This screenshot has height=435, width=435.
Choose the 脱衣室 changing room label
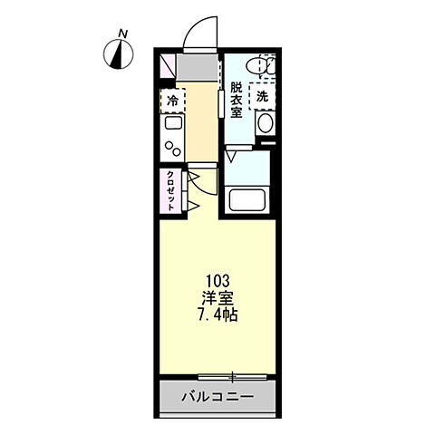[235, 101]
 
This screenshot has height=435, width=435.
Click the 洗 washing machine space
[262, 95]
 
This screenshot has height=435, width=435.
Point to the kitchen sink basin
[172, 125]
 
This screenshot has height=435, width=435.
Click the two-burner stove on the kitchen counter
[172, 147]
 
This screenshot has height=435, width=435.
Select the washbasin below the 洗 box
[266, 123]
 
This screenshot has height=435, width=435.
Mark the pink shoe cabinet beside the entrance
[168, 66]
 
